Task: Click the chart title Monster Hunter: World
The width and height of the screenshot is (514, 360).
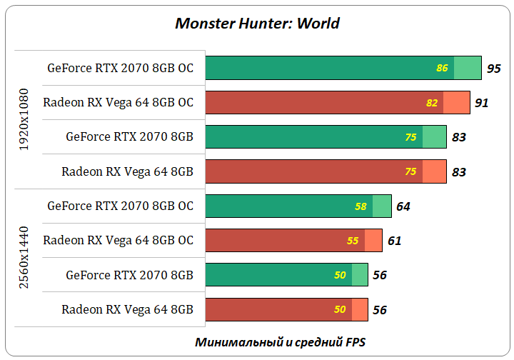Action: (x=257, y=24)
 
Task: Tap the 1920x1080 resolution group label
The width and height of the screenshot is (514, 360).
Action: (x=24, y=119)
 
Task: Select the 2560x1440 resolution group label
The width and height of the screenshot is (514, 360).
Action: (x=24, y=258)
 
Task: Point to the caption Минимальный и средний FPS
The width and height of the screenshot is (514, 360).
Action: (x=281, y=341)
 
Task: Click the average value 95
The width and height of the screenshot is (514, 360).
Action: (x=493, y=69)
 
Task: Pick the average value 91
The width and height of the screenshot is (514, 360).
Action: (x=481, y=103)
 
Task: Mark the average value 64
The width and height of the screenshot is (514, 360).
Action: (x=403, y=206)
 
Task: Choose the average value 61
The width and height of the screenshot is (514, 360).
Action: (x=394, y=241)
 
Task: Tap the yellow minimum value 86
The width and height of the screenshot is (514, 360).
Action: (x=442, y=69)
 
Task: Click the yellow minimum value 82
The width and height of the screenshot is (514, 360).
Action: (x=431, y=103)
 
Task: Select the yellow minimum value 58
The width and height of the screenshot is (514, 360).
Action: (x=361, y=206)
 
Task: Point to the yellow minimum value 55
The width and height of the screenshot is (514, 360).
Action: (x=353, y=241)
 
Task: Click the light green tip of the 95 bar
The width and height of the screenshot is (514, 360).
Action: (x=468, y=69)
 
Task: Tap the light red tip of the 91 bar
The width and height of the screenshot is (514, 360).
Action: (x=456, y=103)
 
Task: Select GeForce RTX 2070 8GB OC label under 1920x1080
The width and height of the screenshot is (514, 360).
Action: (x=120, y=69)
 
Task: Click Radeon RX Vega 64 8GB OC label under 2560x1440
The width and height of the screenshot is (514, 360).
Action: (x=118, y=241)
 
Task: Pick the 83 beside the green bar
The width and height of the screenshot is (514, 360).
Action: (x=459, y=137)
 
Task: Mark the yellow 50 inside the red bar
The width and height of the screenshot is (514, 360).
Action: (x=340, y=310)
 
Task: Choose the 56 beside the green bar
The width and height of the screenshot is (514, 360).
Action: (x=380, y=275)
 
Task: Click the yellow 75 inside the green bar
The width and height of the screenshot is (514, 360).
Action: (x=410, y=137)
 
